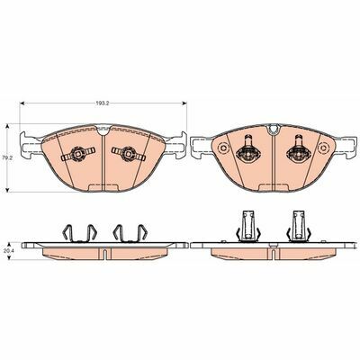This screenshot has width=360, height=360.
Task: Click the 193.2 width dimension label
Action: point(102,103)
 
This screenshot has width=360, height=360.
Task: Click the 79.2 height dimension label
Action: point(4,157)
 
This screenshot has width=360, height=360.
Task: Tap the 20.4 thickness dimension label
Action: point(4,251)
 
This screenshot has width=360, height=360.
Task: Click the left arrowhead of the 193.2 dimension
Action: point(22,103)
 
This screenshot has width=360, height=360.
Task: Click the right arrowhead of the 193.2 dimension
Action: point(184,103)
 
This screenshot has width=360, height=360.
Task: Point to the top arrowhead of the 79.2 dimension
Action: point(8,126)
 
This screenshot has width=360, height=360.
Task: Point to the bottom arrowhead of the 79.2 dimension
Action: point(8,190)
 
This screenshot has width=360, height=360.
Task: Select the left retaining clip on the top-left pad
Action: point(78,154)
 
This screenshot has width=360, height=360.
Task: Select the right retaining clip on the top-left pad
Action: point(129,154)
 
